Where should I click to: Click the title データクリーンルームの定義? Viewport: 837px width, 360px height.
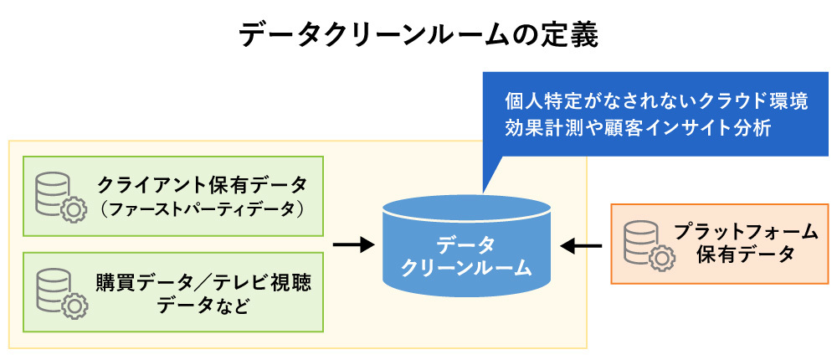pyautogui.click(x=418, y=35)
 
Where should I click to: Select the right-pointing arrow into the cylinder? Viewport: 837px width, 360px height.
pyautogui.click(x=352, y=245)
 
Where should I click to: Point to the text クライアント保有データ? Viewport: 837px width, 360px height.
pyautogui.click(x=201, y=183)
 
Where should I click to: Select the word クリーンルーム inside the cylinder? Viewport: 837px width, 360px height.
pyautogui.click(x=465, y=267)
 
